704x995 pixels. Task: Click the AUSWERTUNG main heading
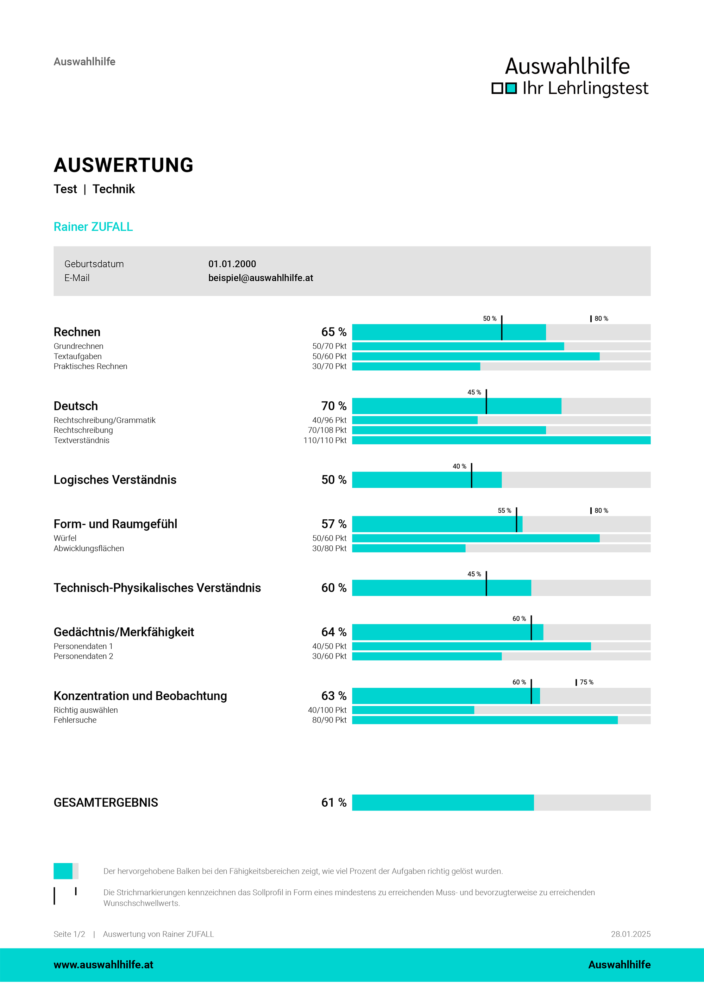(124, 165)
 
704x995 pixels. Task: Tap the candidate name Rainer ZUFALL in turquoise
(93, 227)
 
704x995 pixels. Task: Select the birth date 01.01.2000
(232, 264)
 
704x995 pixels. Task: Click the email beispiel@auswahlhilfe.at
(260, 278)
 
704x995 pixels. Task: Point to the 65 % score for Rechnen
(334, 332)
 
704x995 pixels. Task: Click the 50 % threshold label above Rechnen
(489, 319)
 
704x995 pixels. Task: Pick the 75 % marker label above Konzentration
(586, 682)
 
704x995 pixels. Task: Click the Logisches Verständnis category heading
(115, 480)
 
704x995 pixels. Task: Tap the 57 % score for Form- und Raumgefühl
(334, 524)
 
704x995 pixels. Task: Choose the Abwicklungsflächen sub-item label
(89, 549)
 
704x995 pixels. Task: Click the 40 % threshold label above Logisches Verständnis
(459, 467)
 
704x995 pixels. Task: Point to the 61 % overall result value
(334, 802)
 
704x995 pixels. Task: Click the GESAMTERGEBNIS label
(106, 802)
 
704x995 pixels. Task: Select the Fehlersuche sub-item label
(75, 720)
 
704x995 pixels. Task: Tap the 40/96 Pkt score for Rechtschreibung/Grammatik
(329, 420)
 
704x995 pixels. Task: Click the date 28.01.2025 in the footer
(630, 934)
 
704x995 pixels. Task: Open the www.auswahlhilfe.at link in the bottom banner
(103, 965)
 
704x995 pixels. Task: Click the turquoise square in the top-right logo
(511, 88)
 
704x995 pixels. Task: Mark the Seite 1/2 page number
(69, 934)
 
